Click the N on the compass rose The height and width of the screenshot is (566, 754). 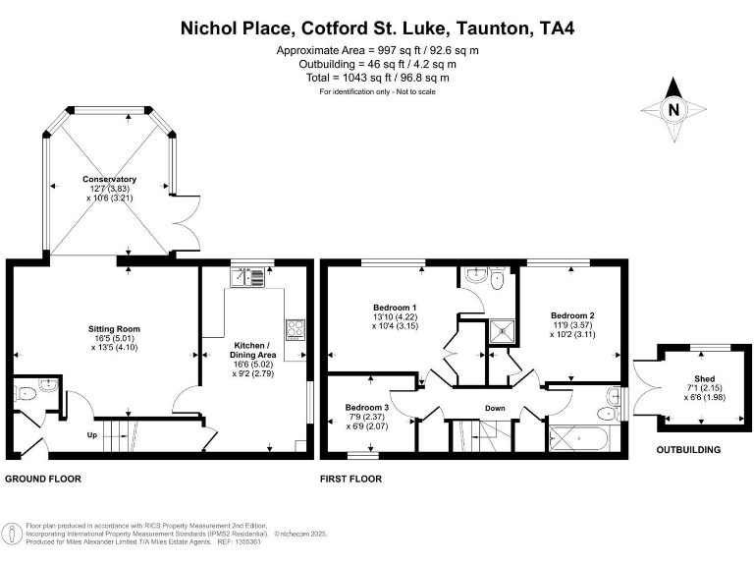click(x=673, y=110)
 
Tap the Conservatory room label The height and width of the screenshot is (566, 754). click(x=109, y=180)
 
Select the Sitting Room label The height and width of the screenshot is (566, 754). click(x=115, y=329)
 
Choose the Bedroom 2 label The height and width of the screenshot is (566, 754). click(x=571, y=314)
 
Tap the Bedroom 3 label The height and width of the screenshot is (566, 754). click(x=366, y=407)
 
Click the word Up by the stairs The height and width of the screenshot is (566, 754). click(x=92, y=434)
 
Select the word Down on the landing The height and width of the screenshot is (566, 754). click(x=495, y=408)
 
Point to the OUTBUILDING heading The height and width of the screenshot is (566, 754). click(x=688, y=451)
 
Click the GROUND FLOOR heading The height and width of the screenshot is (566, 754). click(x=43, y=480)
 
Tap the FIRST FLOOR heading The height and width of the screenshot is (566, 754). click(x=351, y=480)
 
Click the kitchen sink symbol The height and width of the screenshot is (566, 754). click(x=248, y=277)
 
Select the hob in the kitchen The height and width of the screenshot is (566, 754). click(x=295, y=328)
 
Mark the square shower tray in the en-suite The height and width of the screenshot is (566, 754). click(x=503, y=331)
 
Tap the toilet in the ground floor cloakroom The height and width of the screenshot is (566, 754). click(x=27, y=393)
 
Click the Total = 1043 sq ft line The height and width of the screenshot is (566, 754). click(x=377, y=78)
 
